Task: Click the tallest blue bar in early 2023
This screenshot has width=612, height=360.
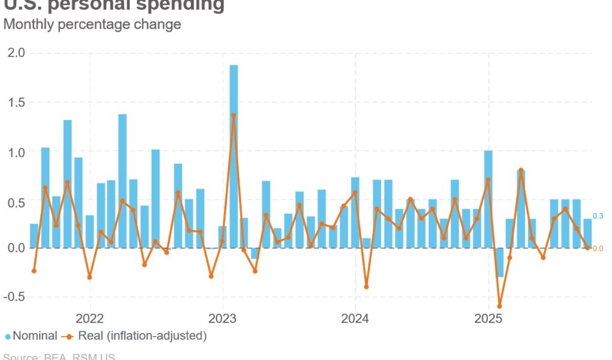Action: click(233, 156)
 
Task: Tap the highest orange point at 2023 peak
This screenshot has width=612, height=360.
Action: click(233, 115)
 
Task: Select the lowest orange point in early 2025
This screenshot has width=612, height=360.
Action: click(499, 306)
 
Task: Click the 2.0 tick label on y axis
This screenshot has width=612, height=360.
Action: click(16, 53)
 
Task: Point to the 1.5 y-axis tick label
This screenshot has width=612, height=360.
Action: click(16, 102)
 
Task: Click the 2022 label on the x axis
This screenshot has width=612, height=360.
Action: click(89, 317)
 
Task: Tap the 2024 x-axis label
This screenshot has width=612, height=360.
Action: click(355, 317)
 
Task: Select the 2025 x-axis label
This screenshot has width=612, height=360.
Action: click(488, 317)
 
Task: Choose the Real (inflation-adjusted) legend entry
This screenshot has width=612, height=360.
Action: click(142, 336)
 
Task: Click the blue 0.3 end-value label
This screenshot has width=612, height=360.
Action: click(598, 216)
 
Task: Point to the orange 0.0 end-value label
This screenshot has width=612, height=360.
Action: click(598, 248)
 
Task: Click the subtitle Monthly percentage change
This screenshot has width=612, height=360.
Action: click(92, 25)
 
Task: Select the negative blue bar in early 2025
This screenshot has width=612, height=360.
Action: click(499, 262)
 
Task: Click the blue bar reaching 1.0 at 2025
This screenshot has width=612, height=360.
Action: click(488, 199)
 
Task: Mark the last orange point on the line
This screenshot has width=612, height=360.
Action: click(587, 248)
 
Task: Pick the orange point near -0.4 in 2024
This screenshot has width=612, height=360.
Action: click(366, 287)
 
